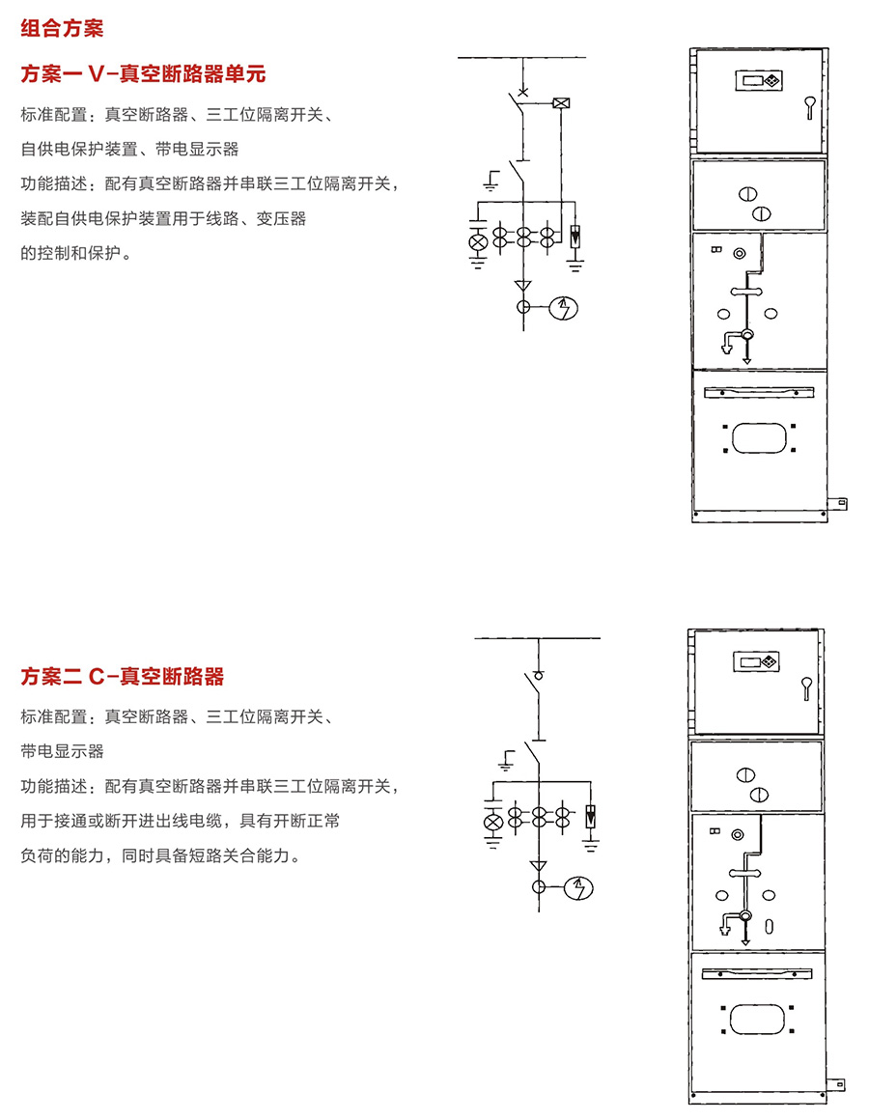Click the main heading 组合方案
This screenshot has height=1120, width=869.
click(62, 29)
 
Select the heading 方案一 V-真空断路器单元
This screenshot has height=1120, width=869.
click(143, 73)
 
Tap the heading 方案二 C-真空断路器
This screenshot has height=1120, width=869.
click(122, 676)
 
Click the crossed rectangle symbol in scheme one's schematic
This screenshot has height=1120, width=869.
click(561, 103)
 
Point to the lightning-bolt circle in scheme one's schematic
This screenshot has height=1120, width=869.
click(563, 308)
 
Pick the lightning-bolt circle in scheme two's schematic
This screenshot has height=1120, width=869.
click(578, 888)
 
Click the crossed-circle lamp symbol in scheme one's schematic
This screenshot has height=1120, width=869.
click(478, 243)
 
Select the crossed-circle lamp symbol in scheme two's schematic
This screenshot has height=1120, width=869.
click(492, 823)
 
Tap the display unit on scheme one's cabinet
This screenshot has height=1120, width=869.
click(759, 80)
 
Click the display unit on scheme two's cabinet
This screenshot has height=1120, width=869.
click(756, 661)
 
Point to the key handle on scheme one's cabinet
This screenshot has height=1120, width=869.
click(810, 108)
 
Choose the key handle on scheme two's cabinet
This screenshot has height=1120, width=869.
click(807, 688)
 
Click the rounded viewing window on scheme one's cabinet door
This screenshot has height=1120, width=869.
click(759, 437)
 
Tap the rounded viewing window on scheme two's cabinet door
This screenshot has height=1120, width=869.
click(757, 1020)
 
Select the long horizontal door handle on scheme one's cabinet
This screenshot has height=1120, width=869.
click(759, 392)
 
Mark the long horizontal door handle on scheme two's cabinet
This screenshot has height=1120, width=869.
click(757, 974)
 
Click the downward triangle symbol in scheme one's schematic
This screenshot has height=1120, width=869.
click(523, 286)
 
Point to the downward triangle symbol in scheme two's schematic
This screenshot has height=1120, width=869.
click(539, 866)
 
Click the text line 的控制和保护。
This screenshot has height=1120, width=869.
click(76, 253)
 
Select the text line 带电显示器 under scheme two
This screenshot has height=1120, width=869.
click(62, 751)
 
